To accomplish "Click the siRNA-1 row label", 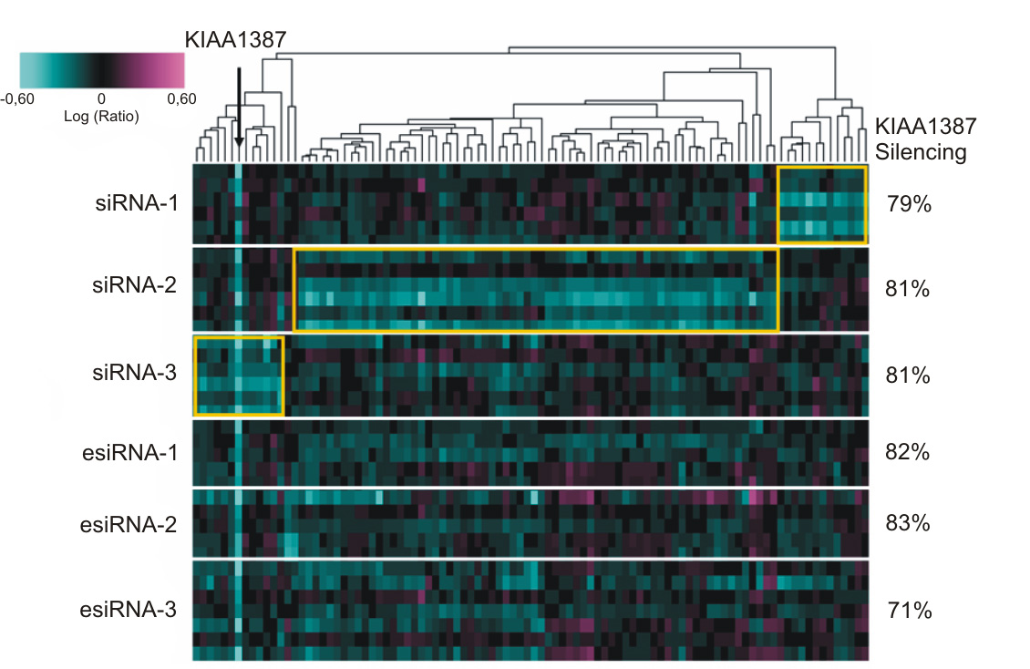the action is point(137,203).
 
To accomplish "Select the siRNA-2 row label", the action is point(135,285).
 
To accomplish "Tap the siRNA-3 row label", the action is point(135,372).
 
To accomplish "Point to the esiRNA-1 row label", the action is point(130,452).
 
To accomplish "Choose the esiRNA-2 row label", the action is point(129,525).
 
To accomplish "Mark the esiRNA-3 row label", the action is point(129,609).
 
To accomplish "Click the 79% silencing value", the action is point(909,204).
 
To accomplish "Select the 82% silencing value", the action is point(908,452).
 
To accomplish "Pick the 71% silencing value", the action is point(910,611).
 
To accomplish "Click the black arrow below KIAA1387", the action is point(239,108).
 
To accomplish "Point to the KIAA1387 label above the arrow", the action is point(236,40).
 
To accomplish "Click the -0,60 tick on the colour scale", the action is point(17,99).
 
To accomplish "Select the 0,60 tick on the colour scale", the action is point(182,99).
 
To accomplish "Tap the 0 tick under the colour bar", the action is point(101,99).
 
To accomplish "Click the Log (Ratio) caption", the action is point(101,116).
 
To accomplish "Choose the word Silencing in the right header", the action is point(921,152).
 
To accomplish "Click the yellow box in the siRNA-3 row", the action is point(194,376).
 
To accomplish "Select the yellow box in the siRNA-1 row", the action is point(778,205).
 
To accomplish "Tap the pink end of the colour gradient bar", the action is point(176,70).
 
